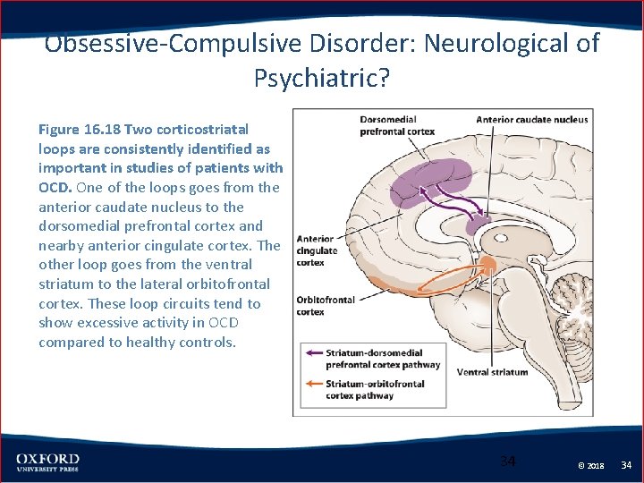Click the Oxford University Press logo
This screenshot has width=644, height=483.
coord(47,462)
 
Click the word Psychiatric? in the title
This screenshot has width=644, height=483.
coord(322,79)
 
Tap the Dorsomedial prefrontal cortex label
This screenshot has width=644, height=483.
coord(397,125)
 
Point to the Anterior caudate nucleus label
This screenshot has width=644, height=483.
coord(531,120)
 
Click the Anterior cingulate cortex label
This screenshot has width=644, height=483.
coord(317,251)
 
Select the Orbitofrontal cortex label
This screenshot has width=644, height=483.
coord(326,306)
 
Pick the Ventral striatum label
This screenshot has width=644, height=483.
coord(492,372)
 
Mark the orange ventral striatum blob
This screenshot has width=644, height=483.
coord(487,265)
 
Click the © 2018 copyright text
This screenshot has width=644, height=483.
coord(590,466)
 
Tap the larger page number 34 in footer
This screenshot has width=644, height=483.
coord(507,462)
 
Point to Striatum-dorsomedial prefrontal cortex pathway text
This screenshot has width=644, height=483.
coord(383,359)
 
